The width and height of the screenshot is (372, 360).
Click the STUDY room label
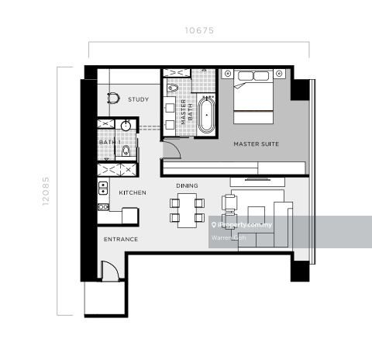[139, 99]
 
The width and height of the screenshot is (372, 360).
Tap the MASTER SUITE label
[257, 144]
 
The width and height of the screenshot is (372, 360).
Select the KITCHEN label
[133, 192]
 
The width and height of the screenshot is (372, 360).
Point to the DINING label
[187, 185]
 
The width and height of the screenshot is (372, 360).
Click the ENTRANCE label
[121, 240]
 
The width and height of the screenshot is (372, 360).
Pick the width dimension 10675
[199, 30]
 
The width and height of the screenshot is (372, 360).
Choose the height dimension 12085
[46, 192]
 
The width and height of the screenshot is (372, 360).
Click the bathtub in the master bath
[206, 115]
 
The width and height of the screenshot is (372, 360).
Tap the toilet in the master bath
[173, 88]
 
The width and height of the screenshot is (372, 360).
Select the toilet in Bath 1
[126, 151]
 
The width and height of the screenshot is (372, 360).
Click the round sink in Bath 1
[126, 126]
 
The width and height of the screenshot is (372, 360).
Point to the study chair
[113, 99]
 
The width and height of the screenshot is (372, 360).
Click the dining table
[187, 210]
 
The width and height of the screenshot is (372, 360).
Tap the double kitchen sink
[103, 188]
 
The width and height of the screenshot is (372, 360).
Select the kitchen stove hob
[103, 207]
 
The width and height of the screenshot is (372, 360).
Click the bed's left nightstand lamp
[228, 74]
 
